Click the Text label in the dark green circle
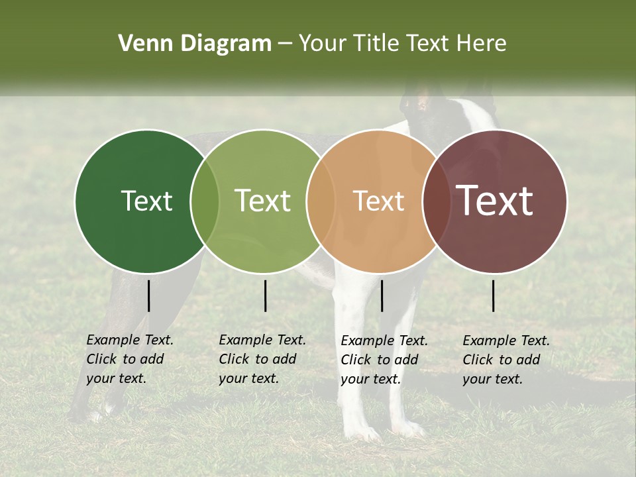pos(146,201)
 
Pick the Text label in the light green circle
pos(263,201)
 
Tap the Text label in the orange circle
pos(378,201)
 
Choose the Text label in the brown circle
pos(495,201)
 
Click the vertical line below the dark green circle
pos(149,295)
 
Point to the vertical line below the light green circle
pos(265,295)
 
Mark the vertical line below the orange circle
pos(382,295)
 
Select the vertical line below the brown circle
pos(494,295)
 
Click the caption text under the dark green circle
pos(129,359)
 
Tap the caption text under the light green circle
pos(262,359)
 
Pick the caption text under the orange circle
pos(384,360)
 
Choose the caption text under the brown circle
pos(505,360)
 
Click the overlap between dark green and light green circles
pos(205,201)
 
